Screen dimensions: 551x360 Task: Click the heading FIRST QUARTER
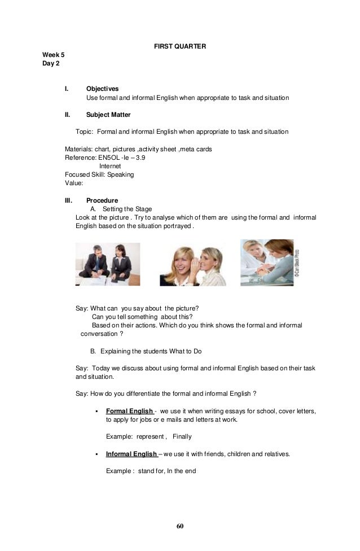point(180,46)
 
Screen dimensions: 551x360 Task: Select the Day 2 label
point(51,64)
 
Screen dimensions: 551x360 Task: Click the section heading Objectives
point(102,89)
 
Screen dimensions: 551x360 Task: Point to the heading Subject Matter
point(108,115)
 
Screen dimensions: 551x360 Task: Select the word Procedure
point(102,200)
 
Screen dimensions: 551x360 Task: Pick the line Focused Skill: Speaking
point(99,174)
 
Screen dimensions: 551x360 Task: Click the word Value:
point(74,183)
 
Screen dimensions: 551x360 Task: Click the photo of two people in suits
point(108,264)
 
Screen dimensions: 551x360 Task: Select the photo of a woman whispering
point(192,265)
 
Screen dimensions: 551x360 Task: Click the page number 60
point(180,526)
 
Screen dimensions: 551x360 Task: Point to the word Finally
point(182,436)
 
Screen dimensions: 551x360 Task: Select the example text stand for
point(151,470)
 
